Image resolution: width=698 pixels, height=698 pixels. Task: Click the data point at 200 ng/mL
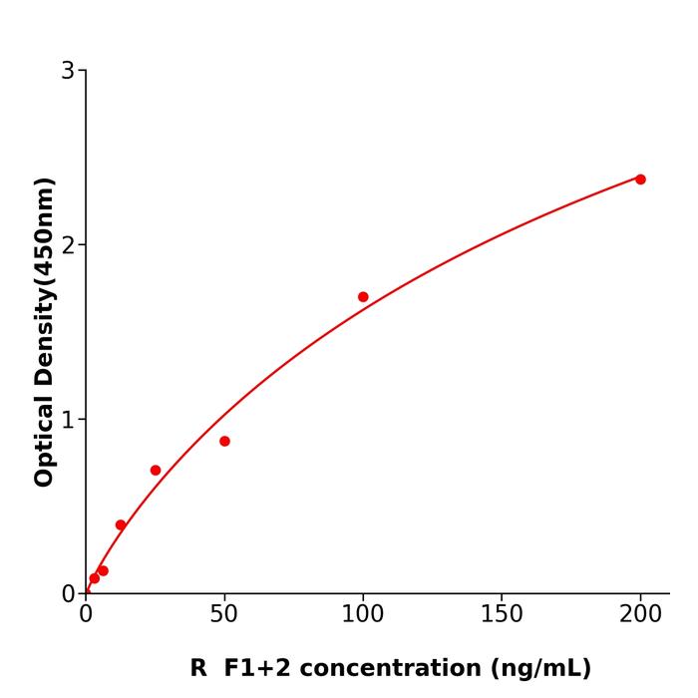click(640, 179)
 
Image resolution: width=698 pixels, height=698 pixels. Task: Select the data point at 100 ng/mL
click(363, 297)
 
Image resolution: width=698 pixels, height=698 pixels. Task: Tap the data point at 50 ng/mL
click(224, 441)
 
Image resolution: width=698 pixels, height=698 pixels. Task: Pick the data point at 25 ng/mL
click(156, 470)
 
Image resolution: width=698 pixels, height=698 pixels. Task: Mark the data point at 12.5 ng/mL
click(121, 524)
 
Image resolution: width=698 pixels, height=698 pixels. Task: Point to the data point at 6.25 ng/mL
click(103, 570)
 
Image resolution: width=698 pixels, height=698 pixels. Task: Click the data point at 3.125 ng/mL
click(95, 578)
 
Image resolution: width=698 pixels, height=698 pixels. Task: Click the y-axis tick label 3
click(68, 71)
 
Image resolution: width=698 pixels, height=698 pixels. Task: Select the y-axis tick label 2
click(68, 245)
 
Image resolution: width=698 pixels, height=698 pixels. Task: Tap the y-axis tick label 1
click(68, 420)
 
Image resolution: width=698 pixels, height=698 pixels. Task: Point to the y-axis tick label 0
click(68, 594)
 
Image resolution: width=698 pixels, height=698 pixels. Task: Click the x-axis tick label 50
click(224, 615)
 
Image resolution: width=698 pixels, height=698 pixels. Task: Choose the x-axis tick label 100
click(363, 615)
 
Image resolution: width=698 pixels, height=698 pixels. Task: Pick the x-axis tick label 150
click(502, 615)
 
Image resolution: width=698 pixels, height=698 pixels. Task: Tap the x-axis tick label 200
click(640, 615)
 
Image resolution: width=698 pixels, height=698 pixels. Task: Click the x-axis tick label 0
click(86, 615)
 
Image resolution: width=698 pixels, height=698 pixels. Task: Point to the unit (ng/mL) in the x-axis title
click(539, 668)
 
